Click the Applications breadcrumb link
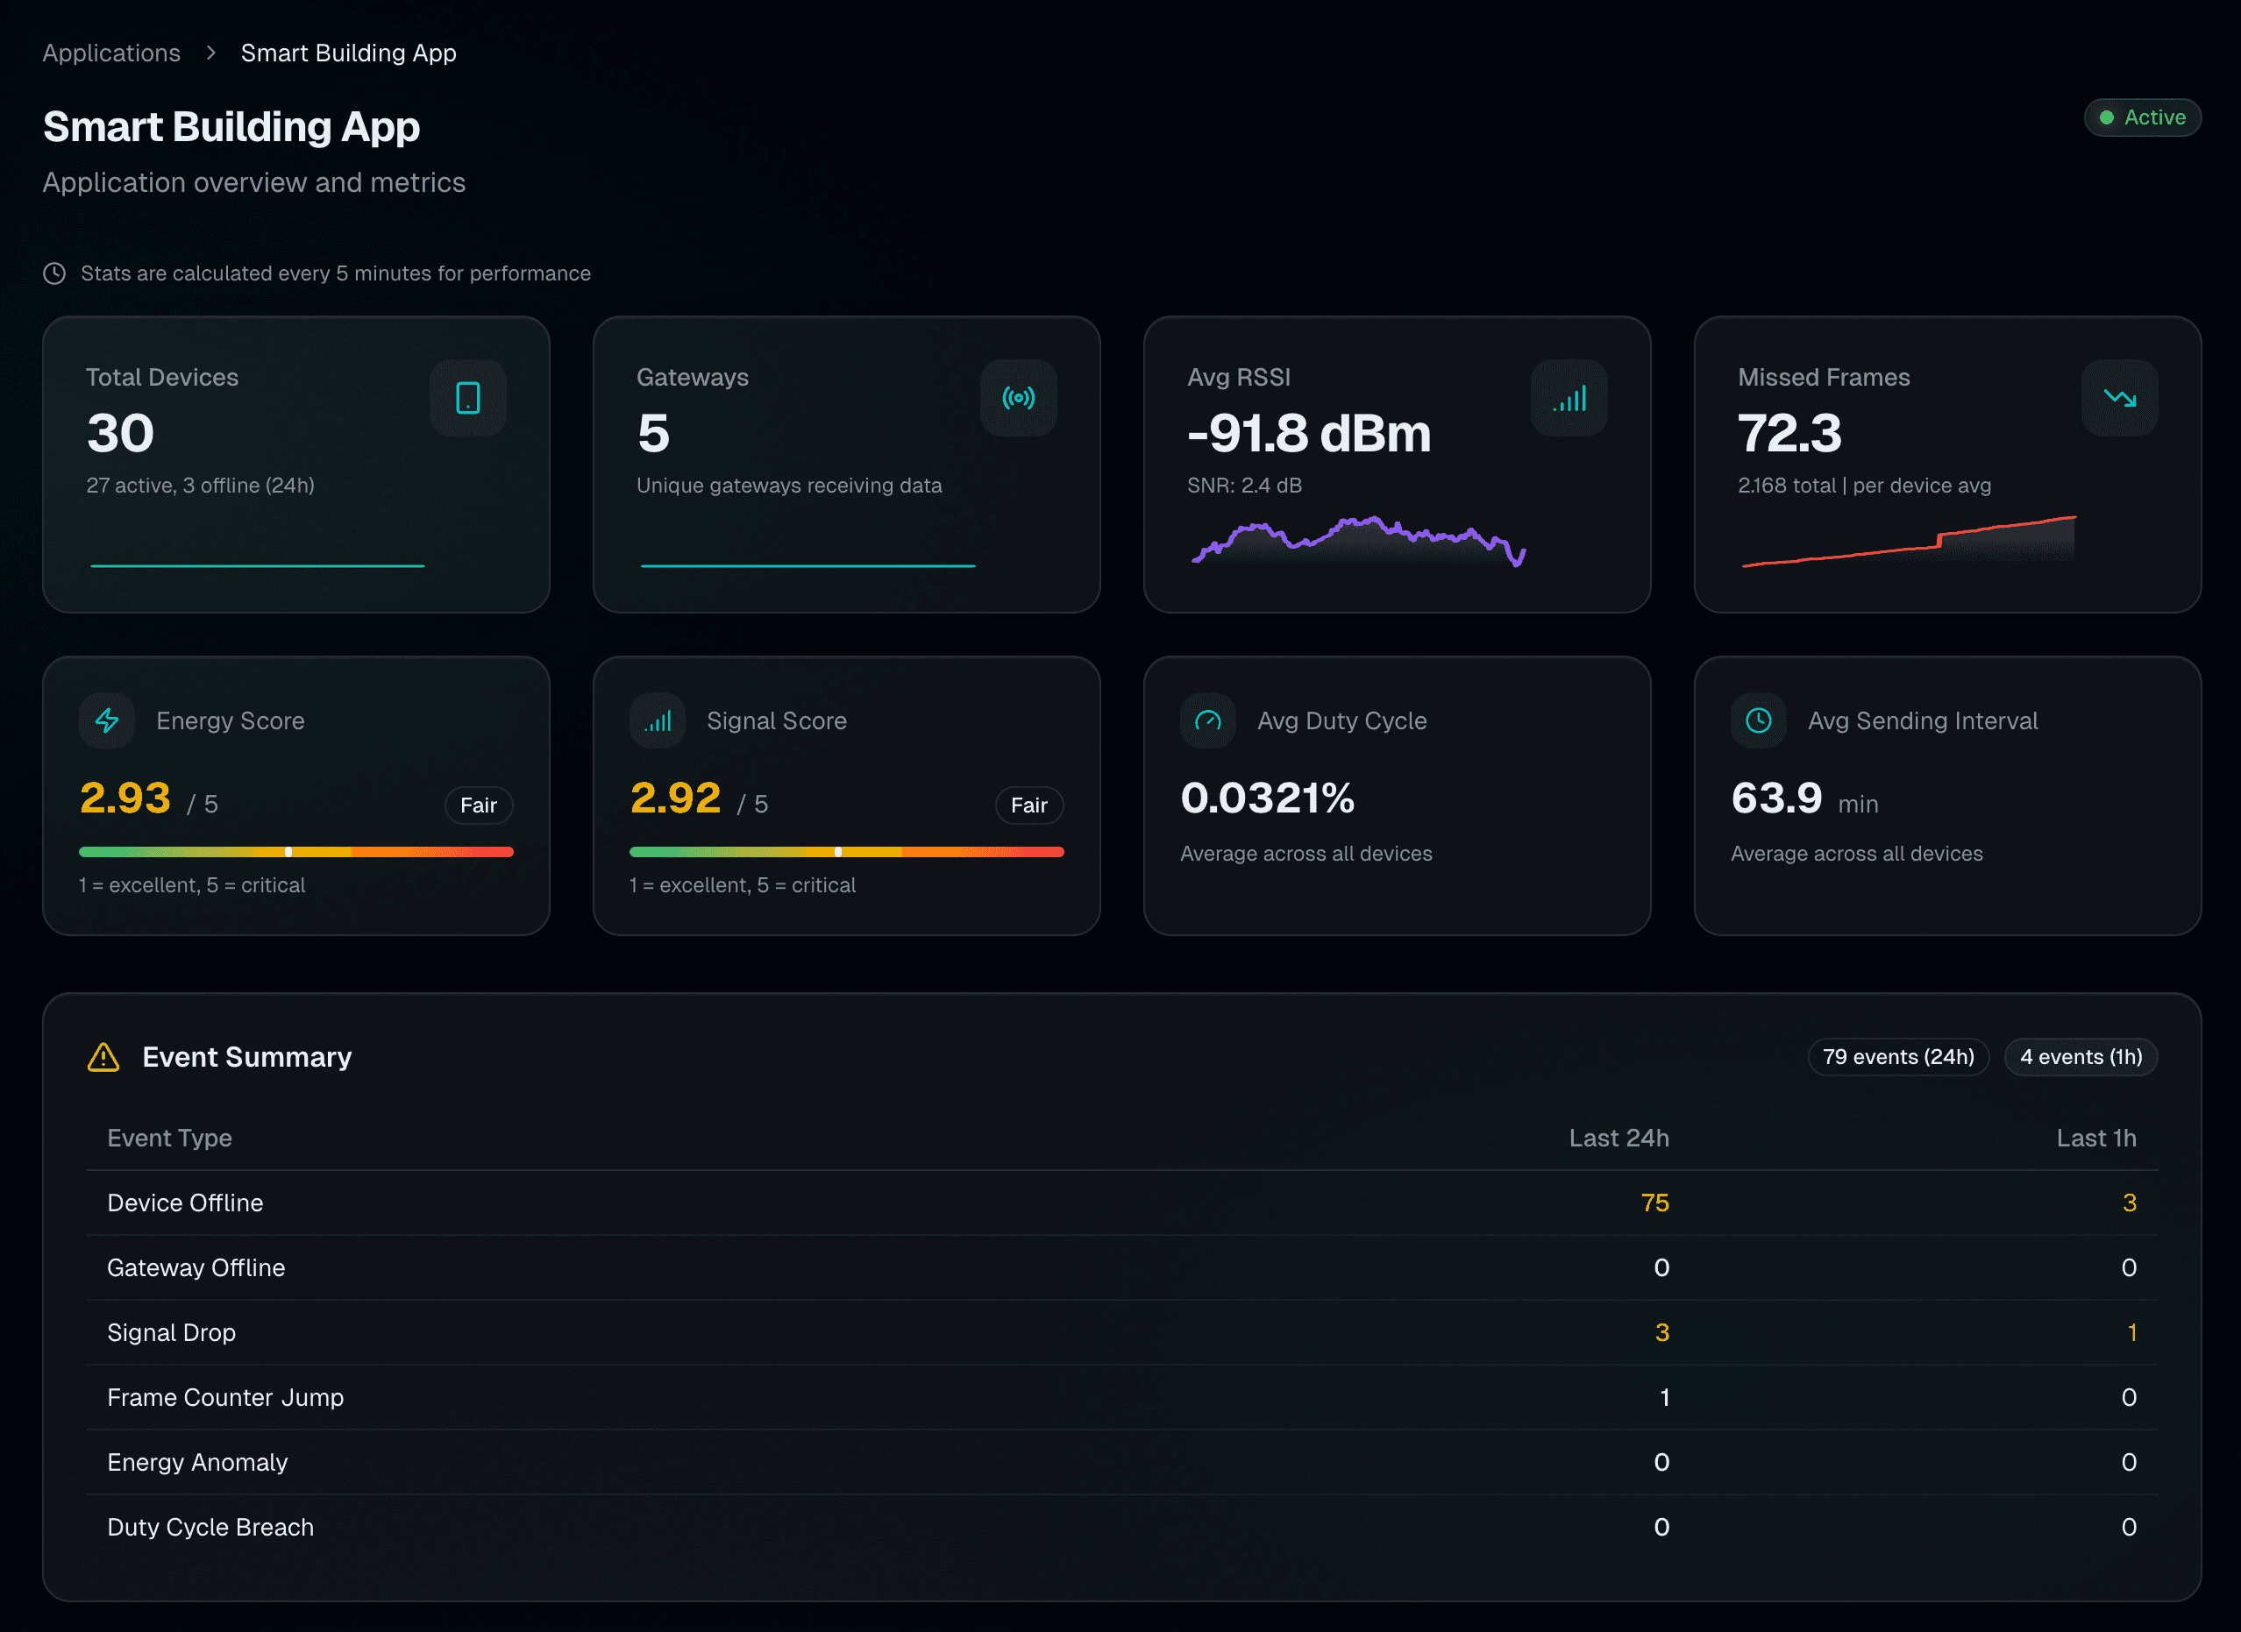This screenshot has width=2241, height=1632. click(x=110, y=53)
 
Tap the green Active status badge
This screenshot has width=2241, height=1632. click(x=2141, y=117)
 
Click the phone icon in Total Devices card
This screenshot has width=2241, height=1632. click(x=467, y=398)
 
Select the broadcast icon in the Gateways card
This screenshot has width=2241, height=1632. click(x=1018, y=398)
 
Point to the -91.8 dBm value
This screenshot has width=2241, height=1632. click(x=1308, y=434)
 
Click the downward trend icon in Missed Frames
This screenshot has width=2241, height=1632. click(x=2118, y=398)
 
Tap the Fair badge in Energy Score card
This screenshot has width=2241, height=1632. click(x=478, y=805)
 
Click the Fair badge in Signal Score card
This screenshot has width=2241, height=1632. click(x=1028, y=805)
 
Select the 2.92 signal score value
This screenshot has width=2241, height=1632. click(x=676, y=798)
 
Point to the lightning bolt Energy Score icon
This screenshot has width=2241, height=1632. click(x=107, y=721)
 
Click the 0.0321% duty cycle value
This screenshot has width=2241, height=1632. click(x=1267, y=798)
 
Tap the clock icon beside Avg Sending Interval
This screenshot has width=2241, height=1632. click(x=1758, y=721)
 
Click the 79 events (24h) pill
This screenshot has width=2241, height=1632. click(x=1897, y=1057)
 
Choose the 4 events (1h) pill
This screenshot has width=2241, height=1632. click(x=2080, y=1057)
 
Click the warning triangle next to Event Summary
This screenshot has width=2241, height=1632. click(x=103, y=1057)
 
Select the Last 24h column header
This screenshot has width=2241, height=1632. click(x=1618, y=1138)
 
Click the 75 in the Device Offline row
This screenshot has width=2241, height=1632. click(x=1654, y=1203)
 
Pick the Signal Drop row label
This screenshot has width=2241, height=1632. click(x=171, y=1332)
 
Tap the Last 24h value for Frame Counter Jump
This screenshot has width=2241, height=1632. click(x=1664, y=1398)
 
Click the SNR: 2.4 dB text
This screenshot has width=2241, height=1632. click(x=1244, y=485)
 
